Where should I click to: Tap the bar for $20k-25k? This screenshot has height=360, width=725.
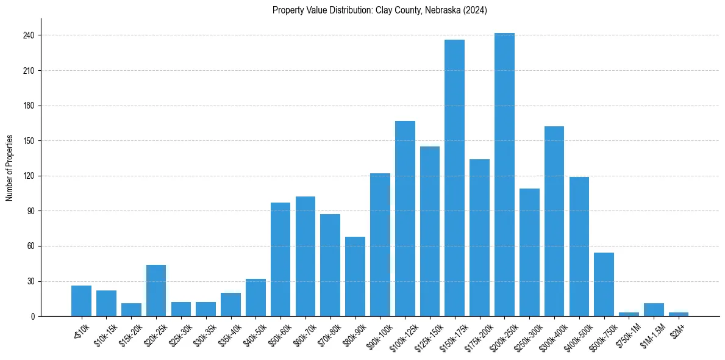pyautogui.click(x=156, y=290)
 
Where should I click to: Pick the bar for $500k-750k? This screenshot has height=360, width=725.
pyautogui.click(x=604, y=284)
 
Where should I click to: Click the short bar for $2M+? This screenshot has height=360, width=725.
pyautogui.click(x=679, y=314)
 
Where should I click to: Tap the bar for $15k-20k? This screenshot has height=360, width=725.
pyautogui.click(x=131, y=310)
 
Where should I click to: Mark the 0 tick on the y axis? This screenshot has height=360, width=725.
pyautogui.click(x=34, y=317)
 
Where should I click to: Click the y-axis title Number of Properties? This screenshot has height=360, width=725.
pyautogui.click(x=10, y=168)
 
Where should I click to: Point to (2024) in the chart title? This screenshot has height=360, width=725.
pyautogui.click(x=476, y=10)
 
